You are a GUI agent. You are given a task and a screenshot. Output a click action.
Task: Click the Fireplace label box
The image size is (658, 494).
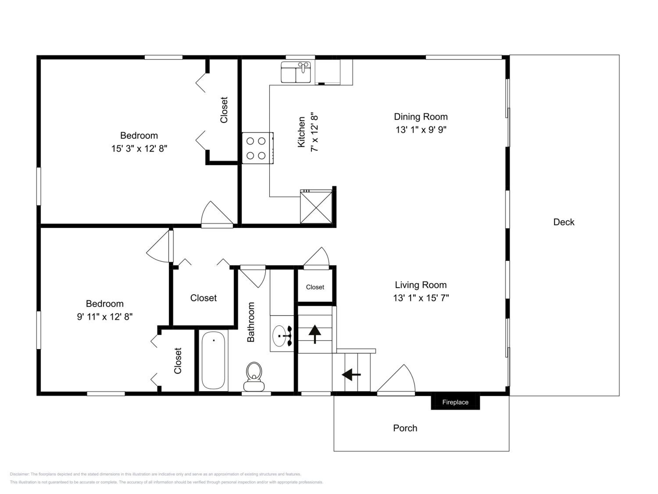coord(455,402)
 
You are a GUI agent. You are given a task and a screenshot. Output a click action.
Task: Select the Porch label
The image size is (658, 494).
coord(405,428)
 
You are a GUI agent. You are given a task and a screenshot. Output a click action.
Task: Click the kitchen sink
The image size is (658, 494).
coord(296,72)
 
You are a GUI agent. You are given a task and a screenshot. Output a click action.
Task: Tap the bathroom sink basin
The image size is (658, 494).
coord(279,336)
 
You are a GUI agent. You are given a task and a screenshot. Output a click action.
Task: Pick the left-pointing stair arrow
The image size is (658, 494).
coord(351,375)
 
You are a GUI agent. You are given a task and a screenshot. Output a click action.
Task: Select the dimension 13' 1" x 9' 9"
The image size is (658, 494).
coord(421,130)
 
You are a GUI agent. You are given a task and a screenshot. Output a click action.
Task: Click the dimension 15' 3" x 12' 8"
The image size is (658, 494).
coord(139,149)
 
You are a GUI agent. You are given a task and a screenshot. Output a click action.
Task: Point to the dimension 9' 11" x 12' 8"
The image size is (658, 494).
coord(105,317)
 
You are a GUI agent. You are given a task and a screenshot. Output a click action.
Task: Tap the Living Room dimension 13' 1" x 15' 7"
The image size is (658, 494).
coord(421,298)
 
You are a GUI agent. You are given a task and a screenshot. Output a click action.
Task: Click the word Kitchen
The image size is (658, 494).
coord(301,132)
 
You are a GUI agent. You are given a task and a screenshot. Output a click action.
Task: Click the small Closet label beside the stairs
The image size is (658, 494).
coord(315,287)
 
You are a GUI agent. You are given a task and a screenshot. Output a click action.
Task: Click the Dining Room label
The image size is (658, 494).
coord(421,117)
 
